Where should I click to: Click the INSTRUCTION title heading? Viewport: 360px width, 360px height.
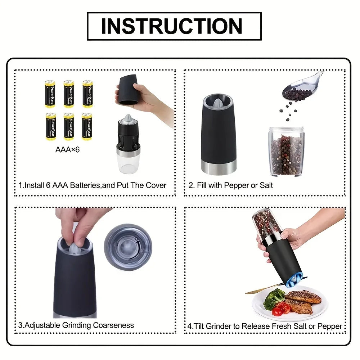[x=174, y=26]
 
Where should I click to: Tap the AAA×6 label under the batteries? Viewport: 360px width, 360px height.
[x=67, y=149]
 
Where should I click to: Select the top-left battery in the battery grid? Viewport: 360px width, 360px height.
[x=50, y=94]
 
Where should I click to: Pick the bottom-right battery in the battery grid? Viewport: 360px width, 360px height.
[x=87, y=126]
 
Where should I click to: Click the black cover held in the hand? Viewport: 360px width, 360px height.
[x=129, y=90]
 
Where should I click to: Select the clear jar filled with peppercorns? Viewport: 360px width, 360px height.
[x=286, y=151]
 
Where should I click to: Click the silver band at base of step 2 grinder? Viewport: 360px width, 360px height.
[x=219, y=167]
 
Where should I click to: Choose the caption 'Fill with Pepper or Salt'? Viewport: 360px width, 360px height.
[x=230, y=185]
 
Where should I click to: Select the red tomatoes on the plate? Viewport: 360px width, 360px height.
[x=282, y=309]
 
